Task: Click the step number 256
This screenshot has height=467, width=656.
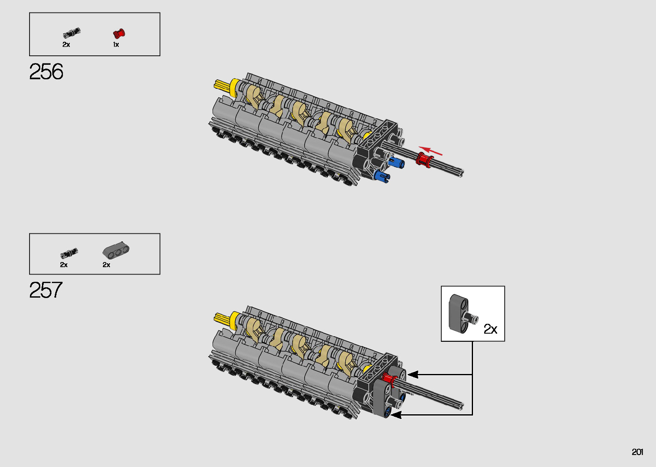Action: click(x=46, y=72)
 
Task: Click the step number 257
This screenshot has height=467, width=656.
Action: click(x=46, y=290)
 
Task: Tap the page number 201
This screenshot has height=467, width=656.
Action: click(x=637, y=452)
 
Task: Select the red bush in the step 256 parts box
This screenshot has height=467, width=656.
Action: click(x=119, y=33)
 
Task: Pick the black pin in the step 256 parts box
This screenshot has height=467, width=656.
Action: click(x=71, y=33)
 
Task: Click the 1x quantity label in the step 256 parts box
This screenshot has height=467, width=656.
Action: click(x=116, y=45)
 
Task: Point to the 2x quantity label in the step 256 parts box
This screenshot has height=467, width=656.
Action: click(x=66, y=45)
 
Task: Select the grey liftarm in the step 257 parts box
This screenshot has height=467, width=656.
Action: click(x=116, y=250)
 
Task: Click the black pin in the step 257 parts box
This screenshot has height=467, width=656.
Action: click(x=69, y=253)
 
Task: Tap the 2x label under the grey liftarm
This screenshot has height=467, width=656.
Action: click(x=106, y=265)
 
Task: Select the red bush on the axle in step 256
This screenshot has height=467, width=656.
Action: click(x=424, y=160)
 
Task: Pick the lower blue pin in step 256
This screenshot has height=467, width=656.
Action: click(x=381, y=175)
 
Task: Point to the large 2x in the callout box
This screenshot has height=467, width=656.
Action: click(x=490, y=329)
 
